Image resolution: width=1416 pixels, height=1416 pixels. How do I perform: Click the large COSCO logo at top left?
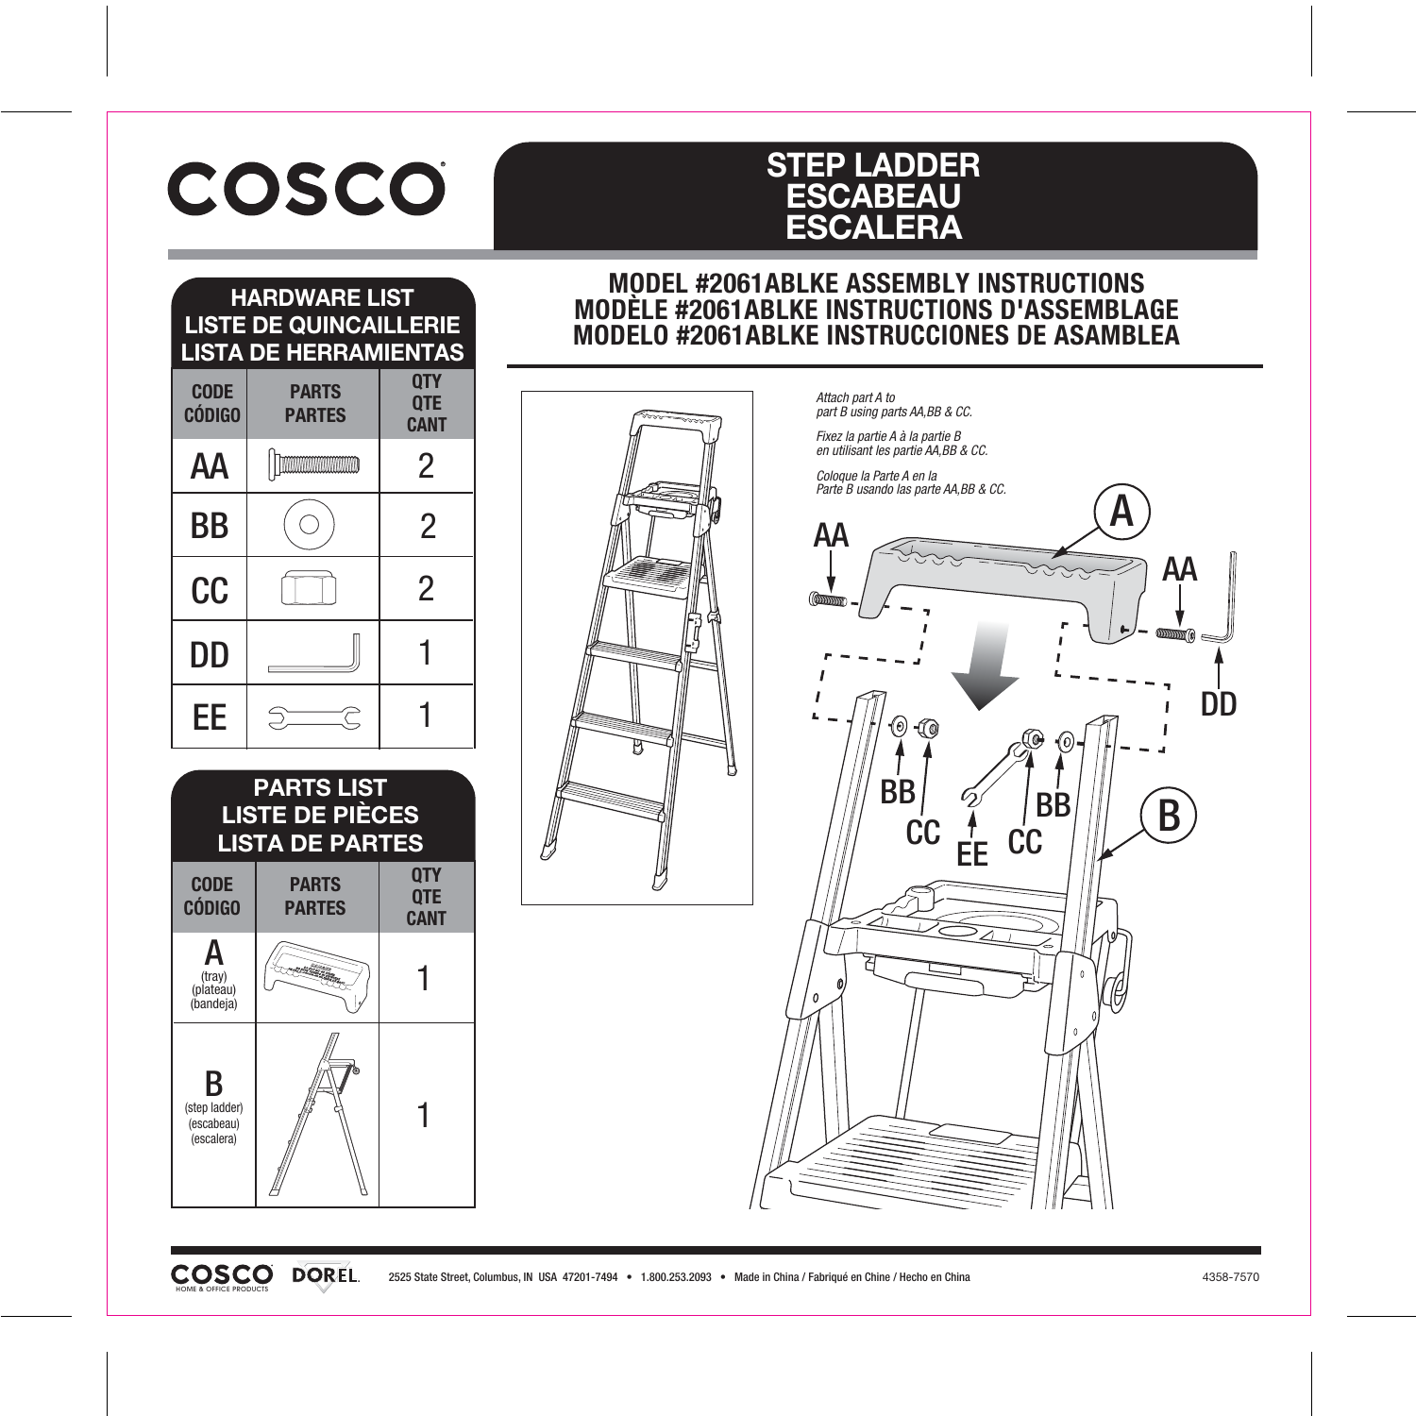(x=307, y=189)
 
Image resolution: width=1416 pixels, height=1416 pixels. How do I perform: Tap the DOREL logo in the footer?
(x=326, y=1275)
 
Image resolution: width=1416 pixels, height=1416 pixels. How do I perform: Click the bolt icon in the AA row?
(x=313, y=464)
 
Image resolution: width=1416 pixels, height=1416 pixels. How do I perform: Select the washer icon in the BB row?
(x=309, y=525)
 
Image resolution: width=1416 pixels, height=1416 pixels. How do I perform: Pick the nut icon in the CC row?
(x=309, y=590)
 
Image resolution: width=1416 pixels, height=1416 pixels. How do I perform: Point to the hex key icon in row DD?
(x=314, y=653)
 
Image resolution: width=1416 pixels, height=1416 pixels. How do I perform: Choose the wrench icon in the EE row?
(x=314, y=718)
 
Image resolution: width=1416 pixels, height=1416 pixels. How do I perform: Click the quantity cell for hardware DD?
(x=426, y=652)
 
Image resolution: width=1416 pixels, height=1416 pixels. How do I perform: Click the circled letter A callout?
(x=1121, y=512)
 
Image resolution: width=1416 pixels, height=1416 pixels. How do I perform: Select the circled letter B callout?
(x=1169, y=816)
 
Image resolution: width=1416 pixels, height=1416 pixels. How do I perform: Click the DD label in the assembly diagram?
(x=1218, y=704)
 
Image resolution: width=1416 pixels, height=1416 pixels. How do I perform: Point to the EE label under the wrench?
(x=971, y=854)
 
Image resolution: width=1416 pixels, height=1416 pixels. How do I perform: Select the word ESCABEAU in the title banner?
(x=873, y=196)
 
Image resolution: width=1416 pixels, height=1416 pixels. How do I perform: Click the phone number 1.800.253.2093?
(x=676, y=1277)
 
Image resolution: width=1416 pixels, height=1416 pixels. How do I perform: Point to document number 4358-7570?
(x=1230, y=1277)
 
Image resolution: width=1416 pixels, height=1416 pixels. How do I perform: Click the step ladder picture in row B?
(x=317, y=1114)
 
